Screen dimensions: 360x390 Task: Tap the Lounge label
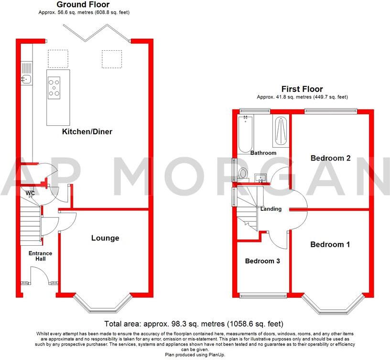105,238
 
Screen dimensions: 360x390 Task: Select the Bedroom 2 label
330,158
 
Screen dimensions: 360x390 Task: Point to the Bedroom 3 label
262,261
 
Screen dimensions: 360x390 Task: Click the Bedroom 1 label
330,244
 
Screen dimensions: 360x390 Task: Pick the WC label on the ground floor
30,193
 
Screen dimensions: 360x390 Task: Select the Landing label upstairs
271,209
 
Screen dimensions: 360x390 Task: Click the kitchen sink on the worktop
26,78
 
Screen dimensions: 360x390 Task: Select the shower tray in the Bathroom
280,131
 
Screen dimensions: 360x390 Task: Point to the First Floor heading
302,89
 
